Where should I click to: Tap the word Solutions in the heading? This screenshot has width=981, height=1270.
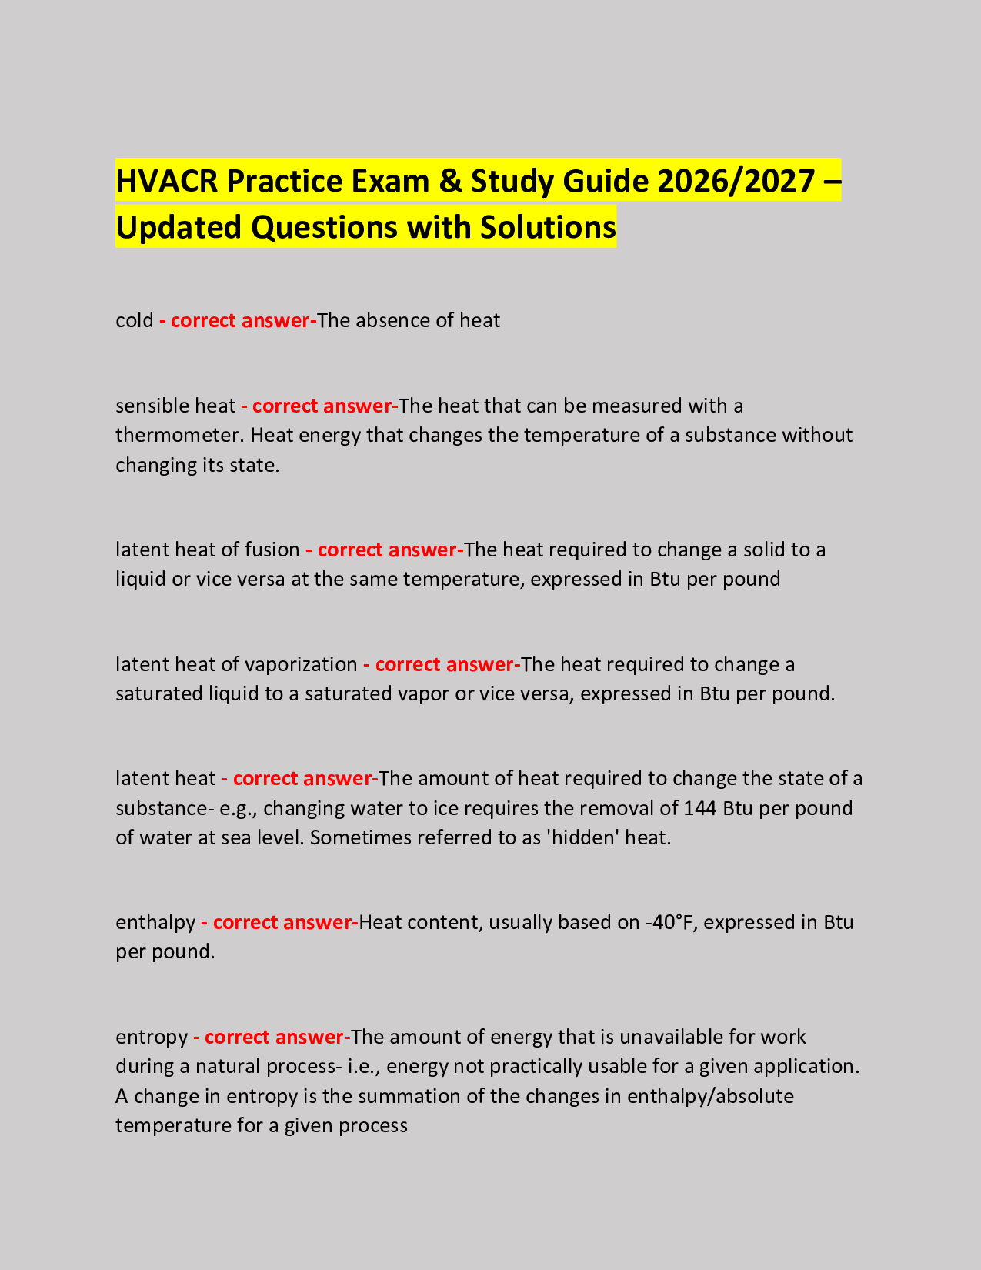[548, 227]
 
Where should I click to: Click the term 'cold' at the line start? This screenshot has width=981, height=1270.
[135, 320]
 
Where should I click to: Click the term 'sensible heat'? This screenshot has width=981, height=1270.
[175, 406]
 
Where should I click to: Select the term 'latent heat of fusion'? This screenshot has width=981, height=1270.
[207, 550]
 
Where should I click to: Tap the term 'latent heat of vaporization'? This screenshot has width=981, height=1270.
[236, 664]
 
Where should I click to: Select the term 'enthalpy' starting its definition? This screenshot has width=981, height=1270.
[155, 923]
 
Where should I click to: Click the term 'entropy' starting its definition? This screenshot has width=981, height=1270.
[151, 1038]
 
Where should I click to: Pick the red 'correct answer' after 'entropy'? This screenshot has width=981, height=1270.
[272, 1038]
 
